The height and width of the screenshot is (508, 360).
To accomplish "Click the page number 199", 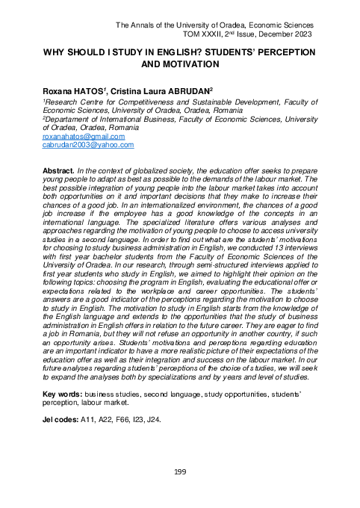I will pos(179,471).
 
